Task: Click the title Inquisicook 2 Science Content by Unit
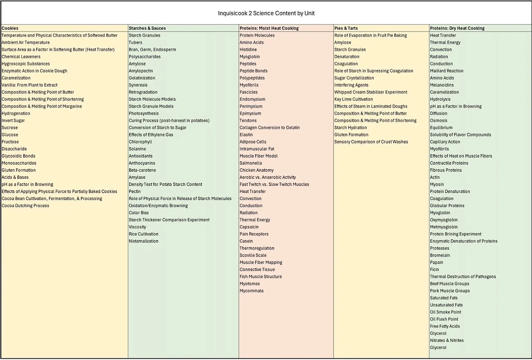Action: point(266,13)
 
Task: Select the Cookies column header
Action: point(10,28)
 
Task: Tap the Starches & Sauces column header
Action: point(147,28)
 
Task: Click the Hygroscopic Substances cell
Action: point(26,64)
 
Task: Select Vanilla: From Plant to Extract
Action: point(30,85)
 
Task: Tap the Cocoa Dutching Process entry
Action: point(25,205)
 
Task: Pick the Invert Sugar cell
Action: point(13,121)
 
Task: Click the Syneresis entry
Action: point(138,85)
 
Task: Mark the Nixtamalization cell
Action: point(143,241)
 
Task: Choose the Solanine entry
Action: point(137,149)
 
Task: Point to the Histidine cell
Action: point(248,49)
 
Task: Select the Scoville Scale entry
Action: point(253,255)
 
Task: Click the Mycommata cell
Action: point(251,291)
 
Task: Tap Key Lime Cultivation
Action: point(354,99)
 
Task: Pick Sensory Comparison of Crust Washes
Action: point(371,142)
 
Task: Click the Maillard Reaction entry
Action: point(447,71)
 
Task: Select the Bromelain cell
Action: point(440,255)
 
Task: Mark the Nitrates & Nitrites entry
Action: point(447,340)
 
